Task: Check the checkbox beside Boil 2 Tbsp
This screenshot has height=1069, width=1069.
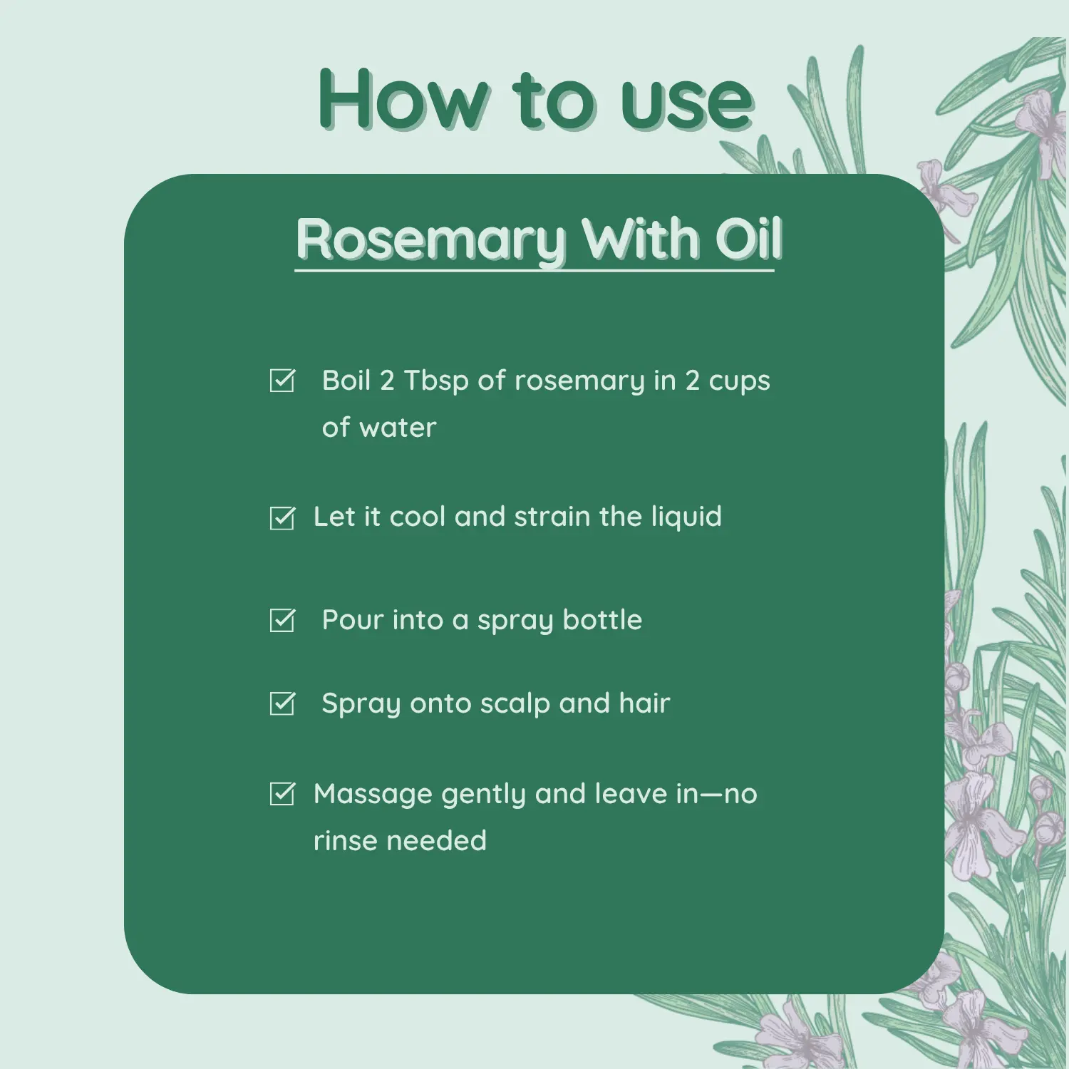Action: (282, 381)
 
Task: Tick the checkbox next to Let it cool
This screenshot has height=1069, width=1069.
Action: (282, 518)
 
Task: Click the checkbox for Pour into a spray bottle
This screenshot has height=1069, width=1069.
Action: (282, 621)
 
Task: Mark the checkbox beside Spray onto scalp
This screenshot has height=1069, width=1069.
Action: (282, 704)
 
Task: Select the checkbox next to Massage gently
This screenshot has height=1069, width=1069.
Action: (282, 794)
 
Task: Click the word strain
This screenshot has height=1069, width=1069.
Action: (552, 517)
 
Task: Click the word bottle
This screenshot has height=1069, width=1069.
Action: (602, 620)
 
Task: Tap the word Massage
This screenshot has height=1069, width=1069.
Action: (373, 794)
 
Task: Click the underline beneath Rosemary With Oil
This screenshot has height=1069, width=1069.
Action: (534, 271)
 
